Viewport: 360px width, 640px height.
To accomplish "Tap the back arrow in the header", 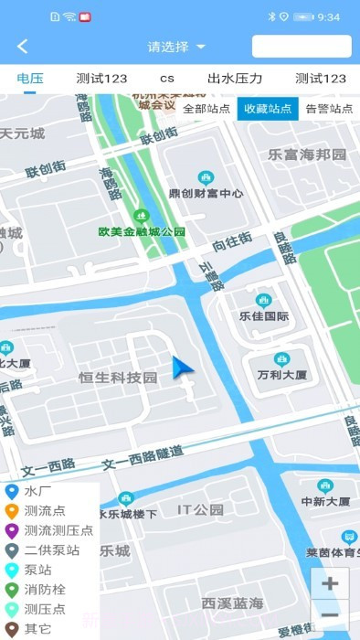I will point(23,47).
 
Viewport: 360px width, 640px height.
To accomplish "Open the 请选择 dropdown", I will point(176,47).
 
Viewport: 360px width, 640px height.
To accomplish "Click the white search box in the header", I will point(302,47).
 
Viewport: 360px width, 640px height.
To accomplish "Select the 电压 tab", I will point(30,79).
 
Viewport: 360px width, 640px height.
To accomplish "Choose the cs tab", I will point(167,79).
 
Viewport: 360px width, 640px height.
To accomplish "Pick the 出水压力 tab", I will point(235,79).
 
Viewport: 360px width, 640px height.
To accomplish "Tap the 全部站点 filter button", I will point(206,108).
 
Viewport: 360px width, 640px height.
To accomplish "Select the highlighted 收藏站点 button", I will point(268,108).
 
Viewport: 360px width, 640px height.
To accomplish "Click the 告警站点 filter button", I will point(329,108).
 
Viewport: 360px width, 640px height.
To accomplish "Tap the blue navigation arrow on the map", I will point(183,368).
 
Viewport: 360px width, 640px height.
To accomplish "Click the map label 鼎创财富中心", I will point(206,193).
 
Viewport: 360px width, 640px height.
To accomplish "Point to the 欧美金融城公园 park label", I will point(142,231).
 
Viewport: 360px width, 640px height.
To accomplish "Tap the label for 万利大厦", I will point(281,375).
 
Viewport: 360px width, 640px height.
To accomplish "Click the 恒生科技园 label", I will point(118,378).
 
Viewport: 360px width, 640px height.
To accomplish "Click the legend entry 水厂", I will point(37,491).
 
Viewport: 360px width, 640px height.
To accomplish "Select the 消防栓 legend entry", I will point(44,590).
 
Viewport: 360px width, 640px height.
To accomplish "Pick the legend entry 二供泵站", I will point(51,550).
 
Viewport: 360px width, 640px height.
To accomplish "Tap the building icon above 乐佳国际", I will point(263,301).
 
